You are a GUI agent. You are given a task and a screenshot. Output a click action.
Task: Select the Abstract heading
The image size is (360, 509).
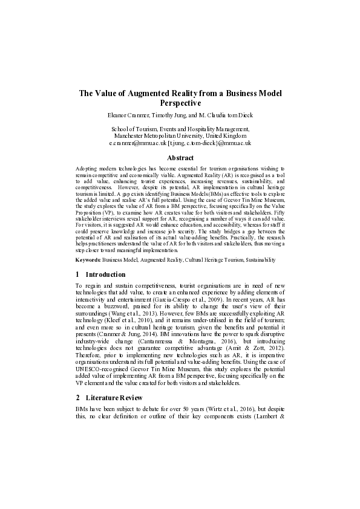180,157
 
